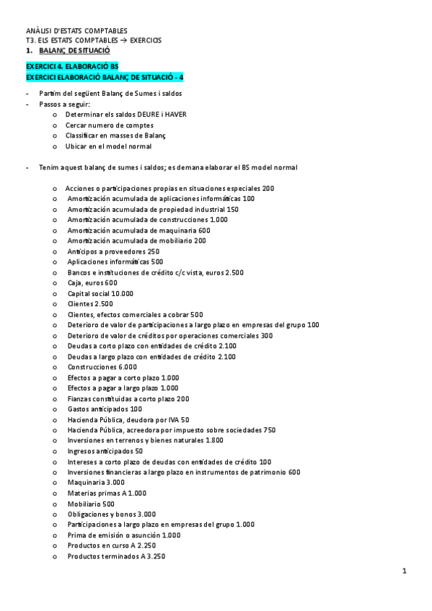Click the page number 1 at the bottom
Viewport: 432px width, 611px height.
click(x=405, y=571)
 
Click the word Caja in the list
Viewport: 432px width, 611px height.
click(x=75, y=282)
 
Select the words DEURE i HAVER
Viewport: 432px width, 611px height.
click(x=161, y=114)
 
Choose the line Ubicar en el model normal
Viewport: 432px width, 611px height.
click(x=108, y=146)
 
